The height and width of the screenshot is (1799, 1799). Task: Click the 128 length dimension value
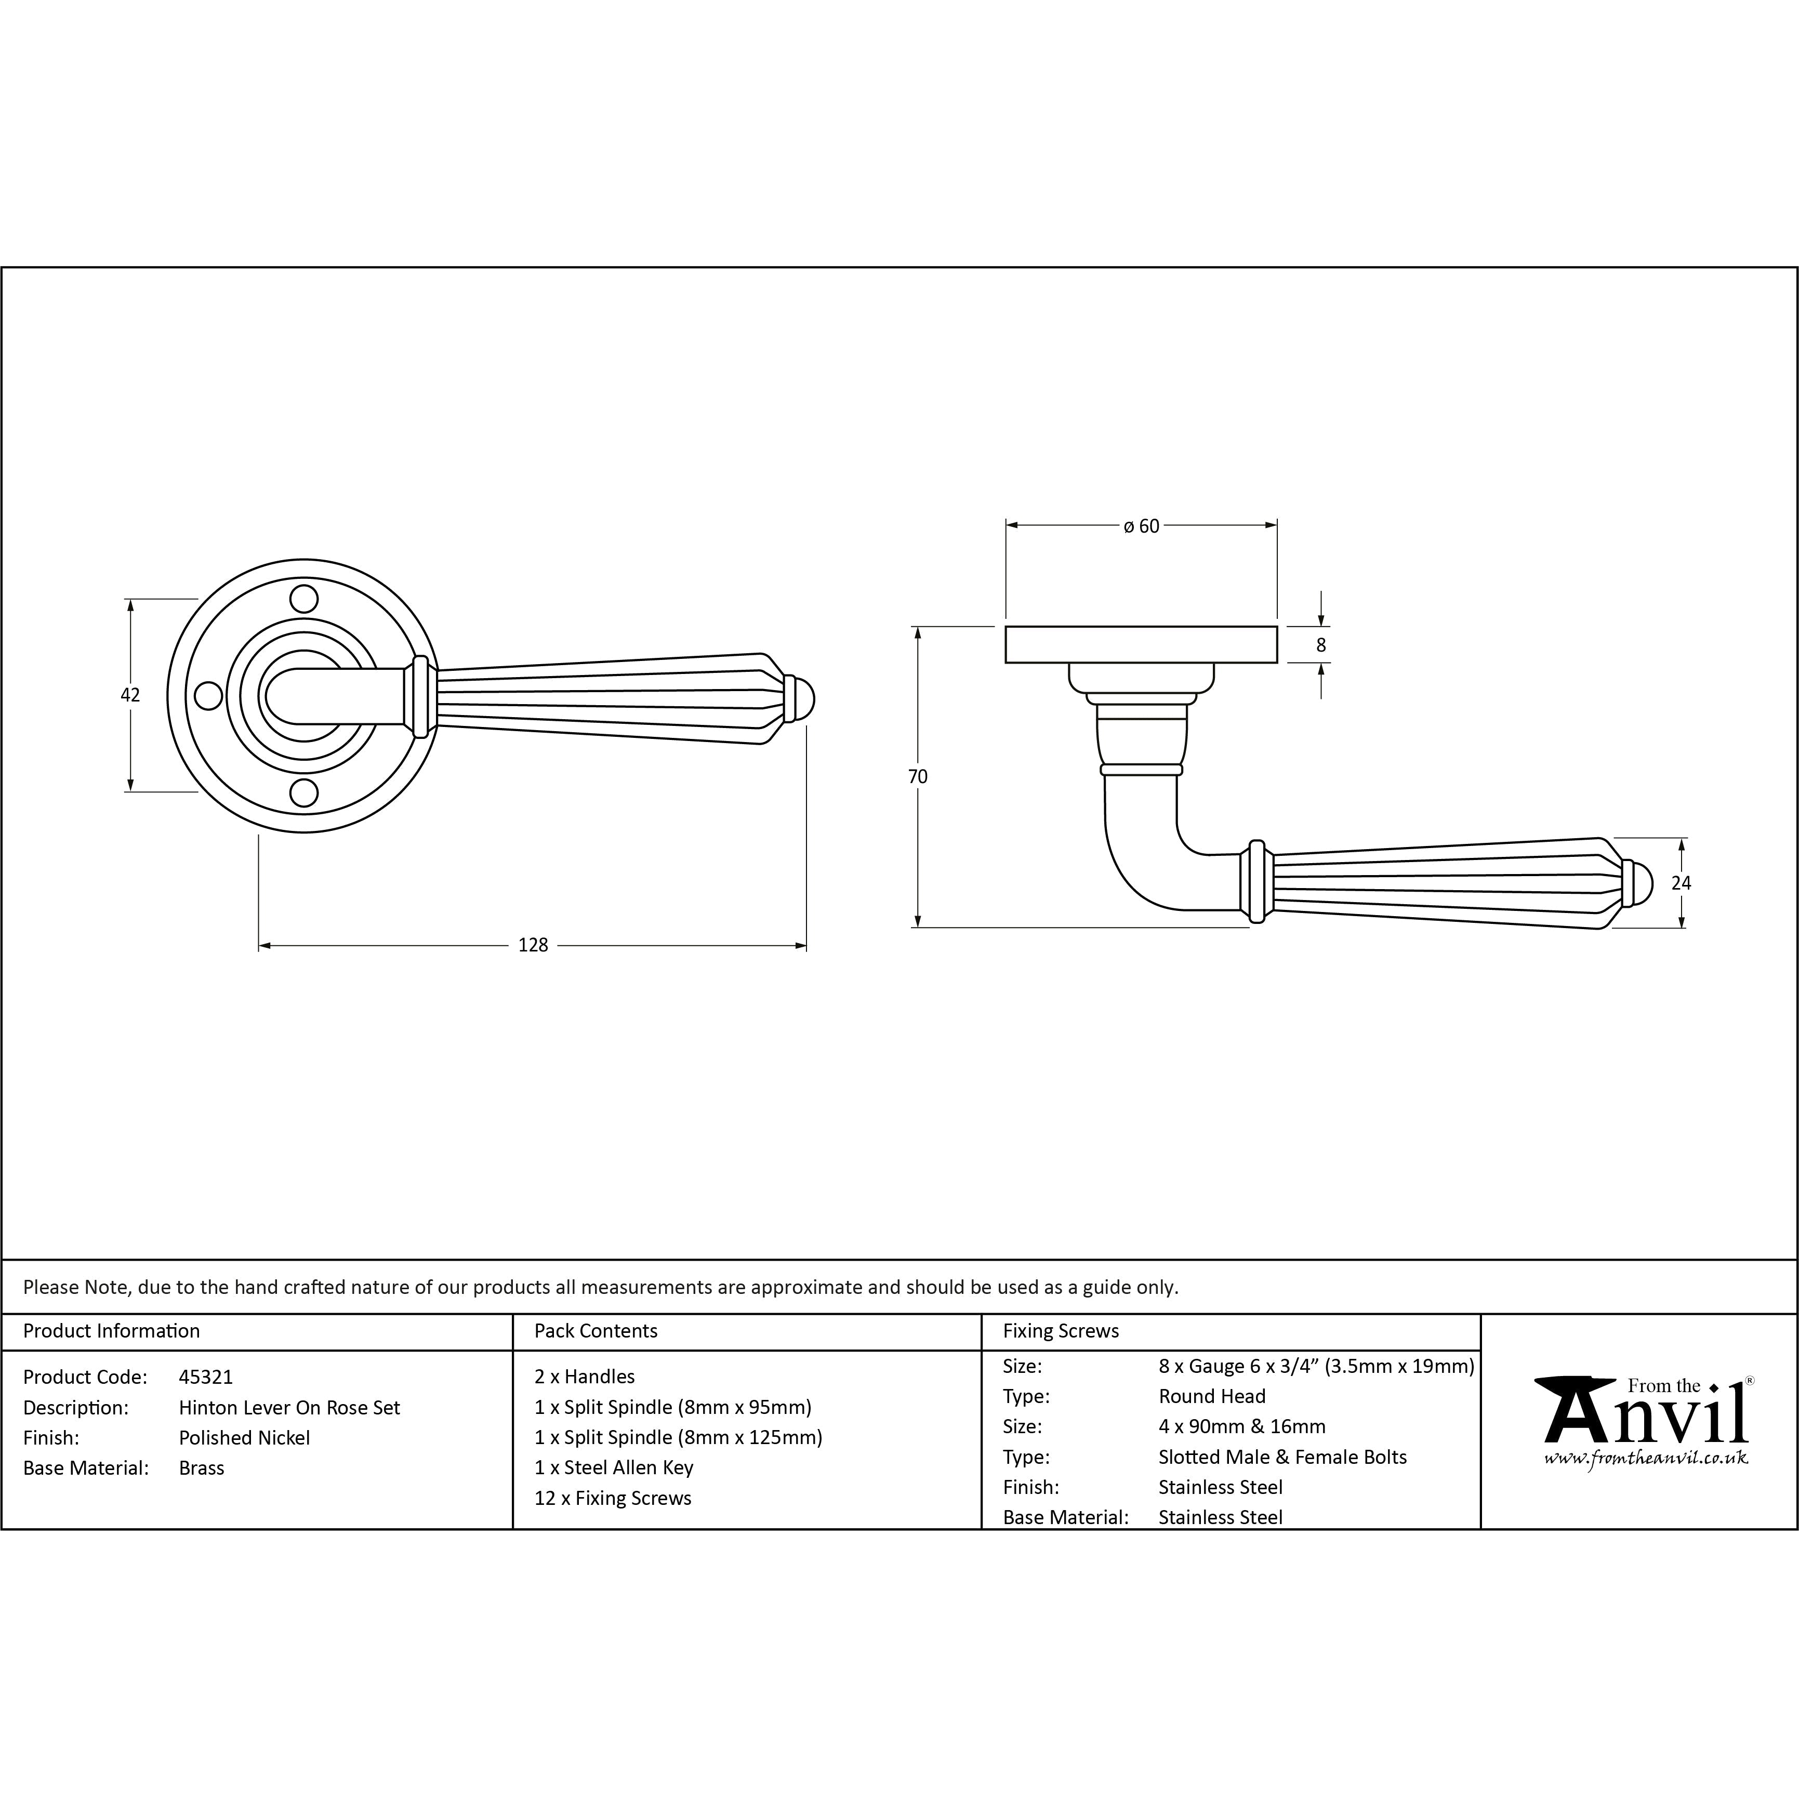[533, 945]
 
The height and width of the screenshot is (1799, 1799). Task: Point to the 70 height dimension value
[918, 776]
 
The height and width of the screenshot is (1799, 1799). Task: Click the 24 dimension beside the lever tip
[1681, 883]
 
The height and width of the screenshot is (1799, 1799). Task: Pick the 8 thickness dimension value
[1320, 644]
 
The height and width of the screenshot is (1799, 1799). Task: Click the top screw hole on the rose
[303, 598]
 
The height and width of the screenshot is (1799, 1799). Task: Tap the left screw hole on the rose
[208, 696]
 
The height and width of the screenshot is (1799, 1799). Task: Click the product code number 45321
[206, 1376]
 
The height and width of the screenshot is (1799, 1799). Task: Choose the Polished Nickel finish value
[244, 1438]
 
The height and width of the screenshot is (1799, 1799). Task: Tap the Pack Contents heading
[596, 1331]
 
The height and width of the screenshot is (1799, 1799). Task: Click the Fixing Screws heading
[1061, 1331]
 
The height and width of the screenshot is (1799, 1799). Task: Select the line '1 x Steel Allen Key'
[614, 1467]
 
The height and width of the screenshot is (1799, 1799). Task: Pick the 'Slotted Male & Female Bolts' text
[1282, 1457]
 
